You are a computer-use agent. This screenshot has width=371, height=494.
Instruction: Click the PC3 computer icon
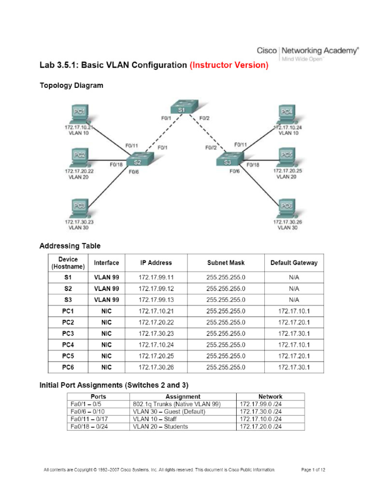[79, 208]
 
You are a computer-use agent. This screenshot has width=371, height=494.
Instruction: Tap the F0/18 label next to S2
[116, 165]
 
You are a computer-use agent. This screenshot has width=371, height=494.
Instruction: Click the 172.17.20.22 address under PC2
[79, 171]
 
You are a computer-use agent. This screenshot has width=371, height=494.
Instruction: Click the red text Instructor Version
[229, 65]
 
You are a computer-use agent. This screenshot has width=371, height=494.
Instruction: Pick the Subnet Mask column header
[225, 263]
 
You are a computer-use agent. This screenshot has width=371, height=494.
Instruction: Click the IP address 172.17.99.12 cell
[156, 288]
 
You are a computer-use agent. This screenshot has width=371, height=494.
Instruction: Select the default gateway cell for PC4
[294, 344]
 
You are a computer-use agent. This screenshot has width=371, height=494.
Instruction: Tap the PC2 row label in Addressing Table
[68, 322]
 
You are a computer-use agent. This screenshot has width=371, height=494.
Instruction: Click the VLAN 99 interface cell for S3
[106, 300]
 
